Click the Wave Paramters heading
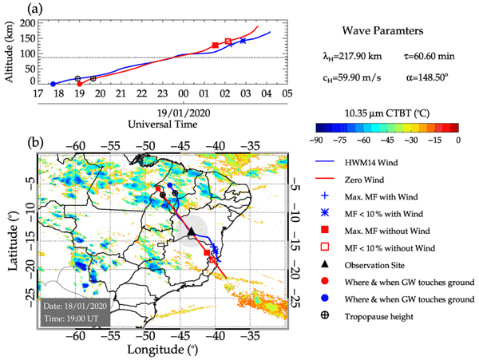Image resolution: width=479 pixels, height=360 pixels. [x=382, y=31]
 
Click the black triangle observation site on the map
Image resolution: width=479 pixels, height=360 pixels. [x=191, y=231]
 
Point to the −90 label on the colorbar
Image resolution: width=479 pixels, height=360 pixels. [x=319, y=139]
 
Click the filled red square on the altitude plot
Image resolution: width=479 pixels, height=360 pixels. [x=216, y=45]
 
